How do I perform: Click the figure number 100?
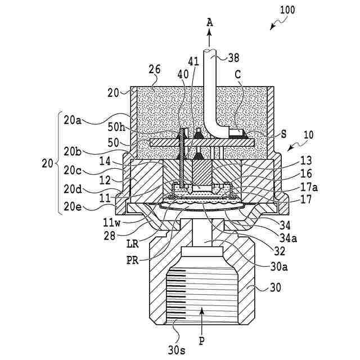[285, 10]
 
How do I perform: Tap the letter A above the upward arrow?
[209, 22]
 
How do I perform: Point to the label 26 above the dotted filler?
[155, 70]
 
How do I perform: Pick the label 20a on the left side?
[71, 119]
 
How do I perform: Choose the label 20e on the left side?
[71, 207]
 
